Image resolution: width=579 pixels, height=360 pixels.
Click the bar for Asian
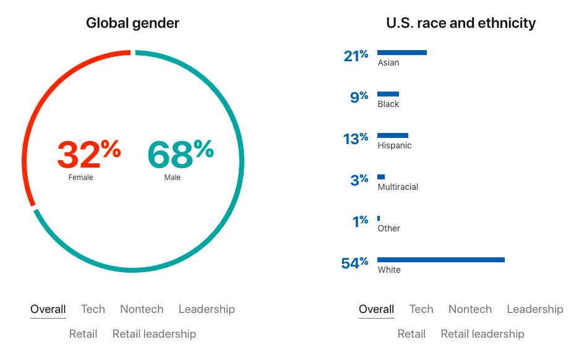pos(401,53)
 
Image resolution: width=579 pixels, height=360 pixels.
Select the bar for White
pos(440,260)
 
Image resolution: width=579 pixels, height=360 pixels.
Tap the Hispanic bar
pos(392,135)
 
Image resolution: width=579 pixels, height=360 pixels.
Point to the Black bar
pos(388,94)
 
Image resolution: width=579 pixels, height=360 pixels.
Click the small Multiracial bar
pos(381,177)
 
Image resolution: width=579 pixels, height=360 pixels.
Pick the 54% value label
pos(354,264)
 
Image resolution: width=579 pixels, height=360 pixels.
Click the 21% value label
pos(356,56)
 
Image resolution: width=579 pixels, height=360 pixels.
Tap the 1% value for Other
pos(360,221)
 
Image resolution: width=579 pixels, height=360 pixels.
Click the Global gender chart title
pos(132,24)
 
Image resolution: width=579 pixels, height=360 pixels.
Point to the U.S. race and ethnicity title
pos(461,24)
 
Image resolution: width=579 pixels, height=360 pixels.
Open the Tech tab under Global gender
pos(93,309)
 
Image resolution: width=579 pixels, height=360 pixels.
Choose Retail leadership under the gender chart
pos(154,334)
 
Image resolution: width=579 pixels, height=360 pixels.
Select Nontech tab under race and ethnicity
pos(470,309)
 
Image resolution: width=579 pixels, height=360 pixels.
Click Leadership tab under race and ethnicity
pos(534,309)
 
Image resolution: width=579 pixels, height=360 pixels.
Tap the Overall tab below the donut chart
pos(48,309)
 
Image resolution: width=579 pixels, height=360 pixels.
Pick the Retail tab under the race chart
pos(411,334)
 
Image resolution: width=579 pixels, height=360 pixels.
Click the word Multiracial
pos(398,187)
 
